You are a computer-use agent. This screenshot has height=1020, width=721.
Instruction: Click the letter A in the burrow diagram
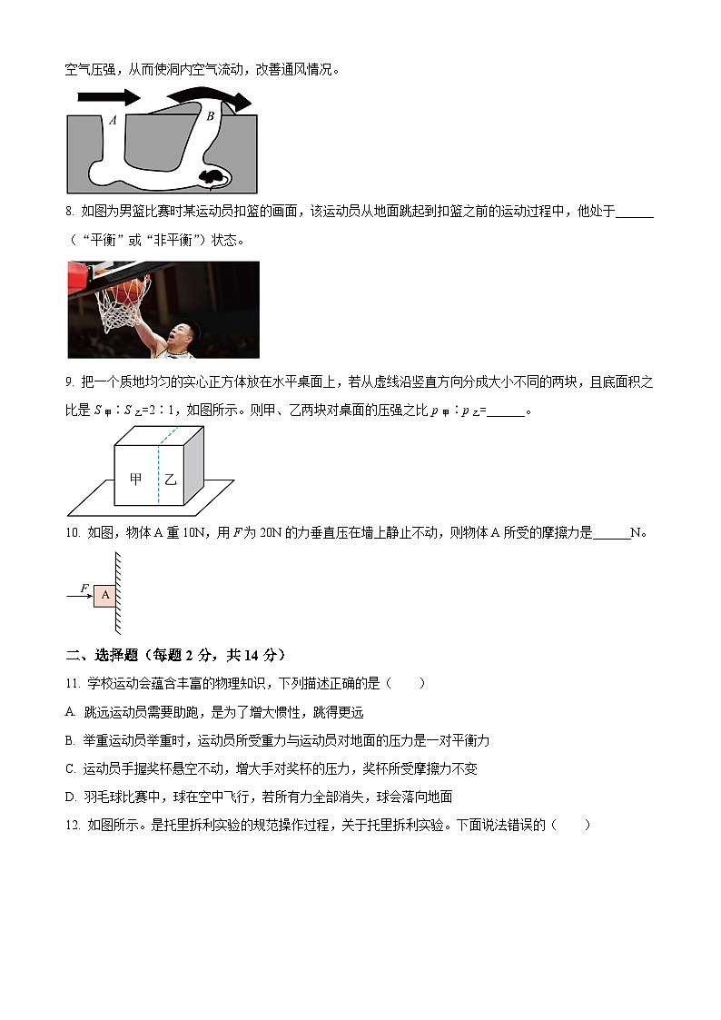(112, 120)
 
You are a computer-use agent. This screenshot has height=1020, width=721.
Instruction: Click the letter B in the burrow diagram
(210, 115)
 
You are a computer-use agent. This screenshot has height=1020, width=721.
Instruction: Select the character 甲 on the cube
(136, 479)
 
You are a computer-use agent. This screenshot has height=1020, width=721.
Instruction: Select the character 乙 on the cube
(171, 479)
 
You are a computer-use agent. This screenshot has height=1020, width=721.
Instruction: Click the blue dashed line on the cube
(160, 472)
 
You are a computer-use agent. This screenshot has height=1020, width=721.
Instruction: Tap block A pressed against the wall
(105, 595)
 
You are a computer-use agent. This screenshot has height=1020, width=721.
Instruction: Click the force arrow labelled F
(79, 596)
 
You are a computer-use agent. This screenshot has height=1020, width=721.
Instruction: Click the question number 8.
(70, 212)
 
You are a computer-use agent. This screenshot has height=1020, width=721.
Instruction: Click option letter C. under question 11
(71, 768)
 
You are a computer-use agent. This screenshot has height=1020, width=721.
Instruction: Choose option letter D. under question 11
(71, 797)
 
